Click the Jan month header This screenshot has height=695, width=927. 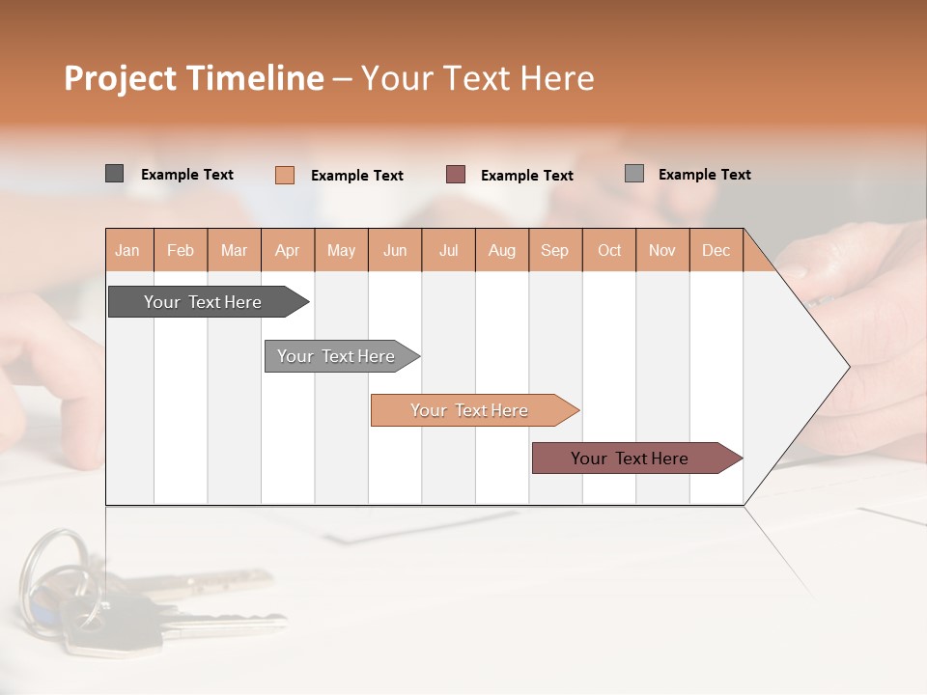[128, 250]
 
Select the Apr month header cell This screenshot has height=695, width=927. [288, 250]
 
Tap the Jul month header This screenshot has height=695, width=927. [448, 250]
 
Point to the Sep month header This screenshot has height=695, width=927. [555, 250]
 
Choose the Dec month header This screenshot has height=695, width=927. [716, 250]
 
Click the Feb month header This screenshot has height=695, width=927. [181, 250]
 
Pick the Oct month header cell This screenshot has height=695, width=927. [609, 250]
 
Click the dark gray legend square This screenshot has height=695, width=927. [115, 174]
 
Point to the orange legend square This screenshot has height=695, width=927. [285, 175]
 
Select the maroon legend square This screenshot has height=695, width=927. [456, 175]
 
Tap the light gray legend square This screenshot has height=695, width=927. [634, 174]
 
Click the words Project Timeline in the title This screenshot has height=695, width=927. [194, 78]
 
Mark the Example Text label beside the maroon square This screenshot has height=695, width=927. [526, 176]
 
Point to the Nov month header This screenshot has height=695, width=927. [662, 250]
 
